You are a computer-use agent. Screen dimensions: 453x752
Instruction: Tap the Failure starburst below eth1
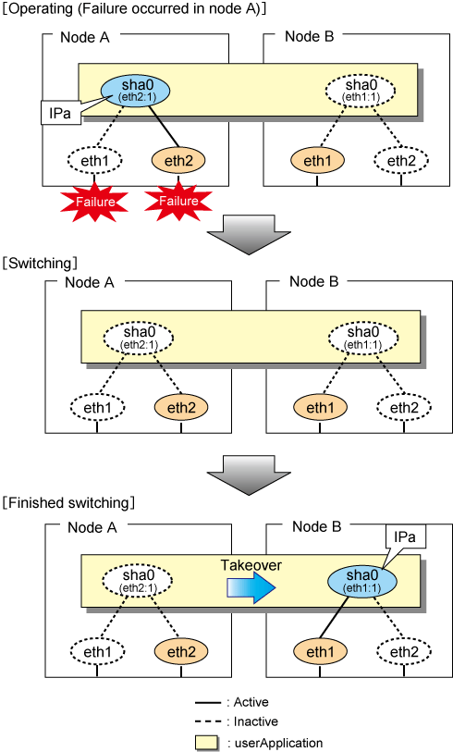pos(94,202)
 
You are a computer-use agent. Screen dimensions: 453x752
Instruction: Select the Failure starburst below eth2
pos(178,201)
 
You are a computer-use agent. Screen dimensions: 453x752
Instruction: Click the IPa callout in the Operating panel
pos(60,113)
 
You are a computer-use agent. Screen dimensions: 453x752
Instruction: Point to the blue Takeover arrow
pos(251,588)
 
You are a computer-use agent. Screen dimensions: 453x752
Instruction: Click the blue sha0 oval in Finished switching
pos(361,581)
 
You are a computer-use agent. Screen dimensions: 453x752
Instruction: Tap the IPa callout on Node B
pos(405,537)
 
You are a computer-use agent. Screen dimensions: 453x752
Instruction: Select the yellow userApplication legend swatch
pos(206,743)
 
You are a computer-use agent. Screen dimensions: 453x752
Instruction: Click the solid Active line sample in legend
pos(208,703)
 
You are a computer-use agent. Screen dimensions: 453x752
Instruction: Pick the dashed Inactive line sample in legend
pos(208,721)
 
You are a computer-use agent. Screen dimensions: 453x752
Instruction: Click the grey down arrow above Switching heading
pos(249,235)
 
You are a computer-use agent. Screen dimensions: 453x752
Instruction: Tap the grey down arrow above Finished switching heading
pos(249,475)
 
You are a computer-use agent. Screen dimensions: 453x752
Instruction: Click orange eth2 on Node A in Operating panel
pos(178,160)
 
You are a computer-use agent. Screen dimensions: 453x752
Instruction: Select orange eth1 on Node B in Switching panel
pos(320,408)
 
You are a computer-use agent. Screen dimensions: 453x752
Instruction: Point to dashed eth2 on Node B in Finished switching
pos(404,652)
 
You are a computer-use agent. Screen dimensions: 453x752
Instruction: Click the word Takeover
pos(251,565)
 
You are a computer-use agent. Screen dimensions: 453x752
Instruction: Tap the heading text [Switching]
pos(40,263)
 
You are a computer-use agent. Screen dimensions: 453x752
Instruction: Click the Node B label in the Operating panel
pos(309,36)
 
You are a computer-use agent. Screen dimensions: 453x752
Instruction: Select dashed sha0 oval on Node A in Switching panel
pos(138,338)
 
